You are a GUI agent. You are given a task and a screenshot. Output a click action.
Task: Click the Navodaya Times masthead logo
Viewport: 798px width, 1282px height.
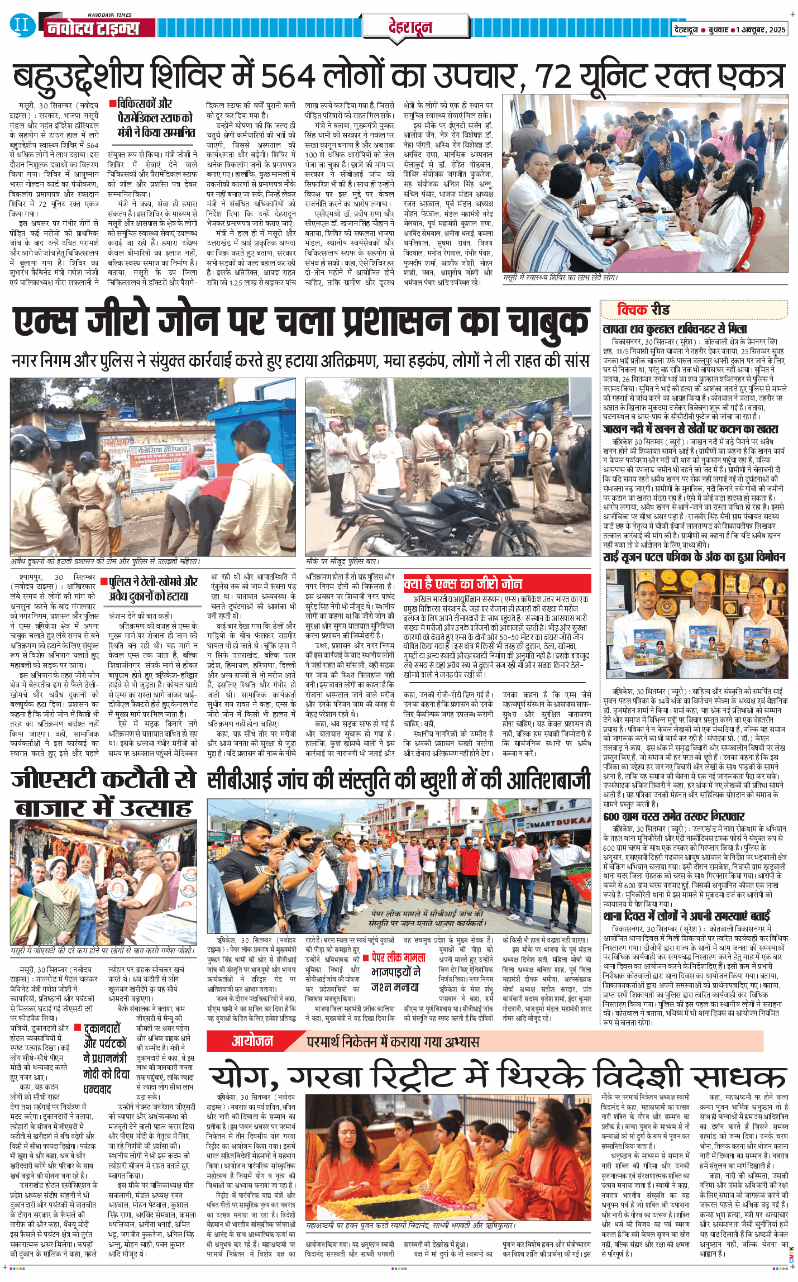point(93,27)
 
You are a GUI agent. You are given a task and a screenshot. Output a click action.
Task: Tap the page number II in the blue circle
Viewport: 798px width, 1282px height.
point(21,25)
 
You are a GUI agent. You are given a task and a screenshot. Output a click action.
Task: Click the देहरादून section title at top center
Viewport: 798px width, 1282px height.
point(410,27)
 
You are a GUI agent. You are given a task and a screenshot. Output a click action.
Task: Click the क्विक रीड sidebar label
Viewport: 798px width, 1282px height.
point(643,309)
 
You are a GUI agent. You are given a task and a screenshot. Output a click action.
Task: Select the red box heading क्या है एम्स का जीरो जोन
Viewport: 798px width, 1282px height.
point(463,584)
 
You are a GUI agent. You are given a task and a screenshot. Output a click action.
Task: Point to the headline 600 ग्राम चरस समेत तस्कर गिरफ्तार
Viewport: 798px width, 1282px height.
point(674,816)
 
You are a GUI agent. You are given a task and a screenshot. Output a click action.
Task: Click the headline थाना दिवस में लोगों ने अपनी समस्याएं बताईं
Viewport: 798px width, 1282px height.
point(686,916)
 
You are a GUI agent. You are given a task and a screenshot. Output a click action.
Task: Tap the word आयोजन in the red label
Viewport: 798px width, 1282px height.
point(252,1041)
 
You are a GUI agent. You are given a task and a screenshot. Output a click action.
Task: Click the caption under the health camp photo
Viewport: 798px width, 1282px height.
point(560,278)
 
